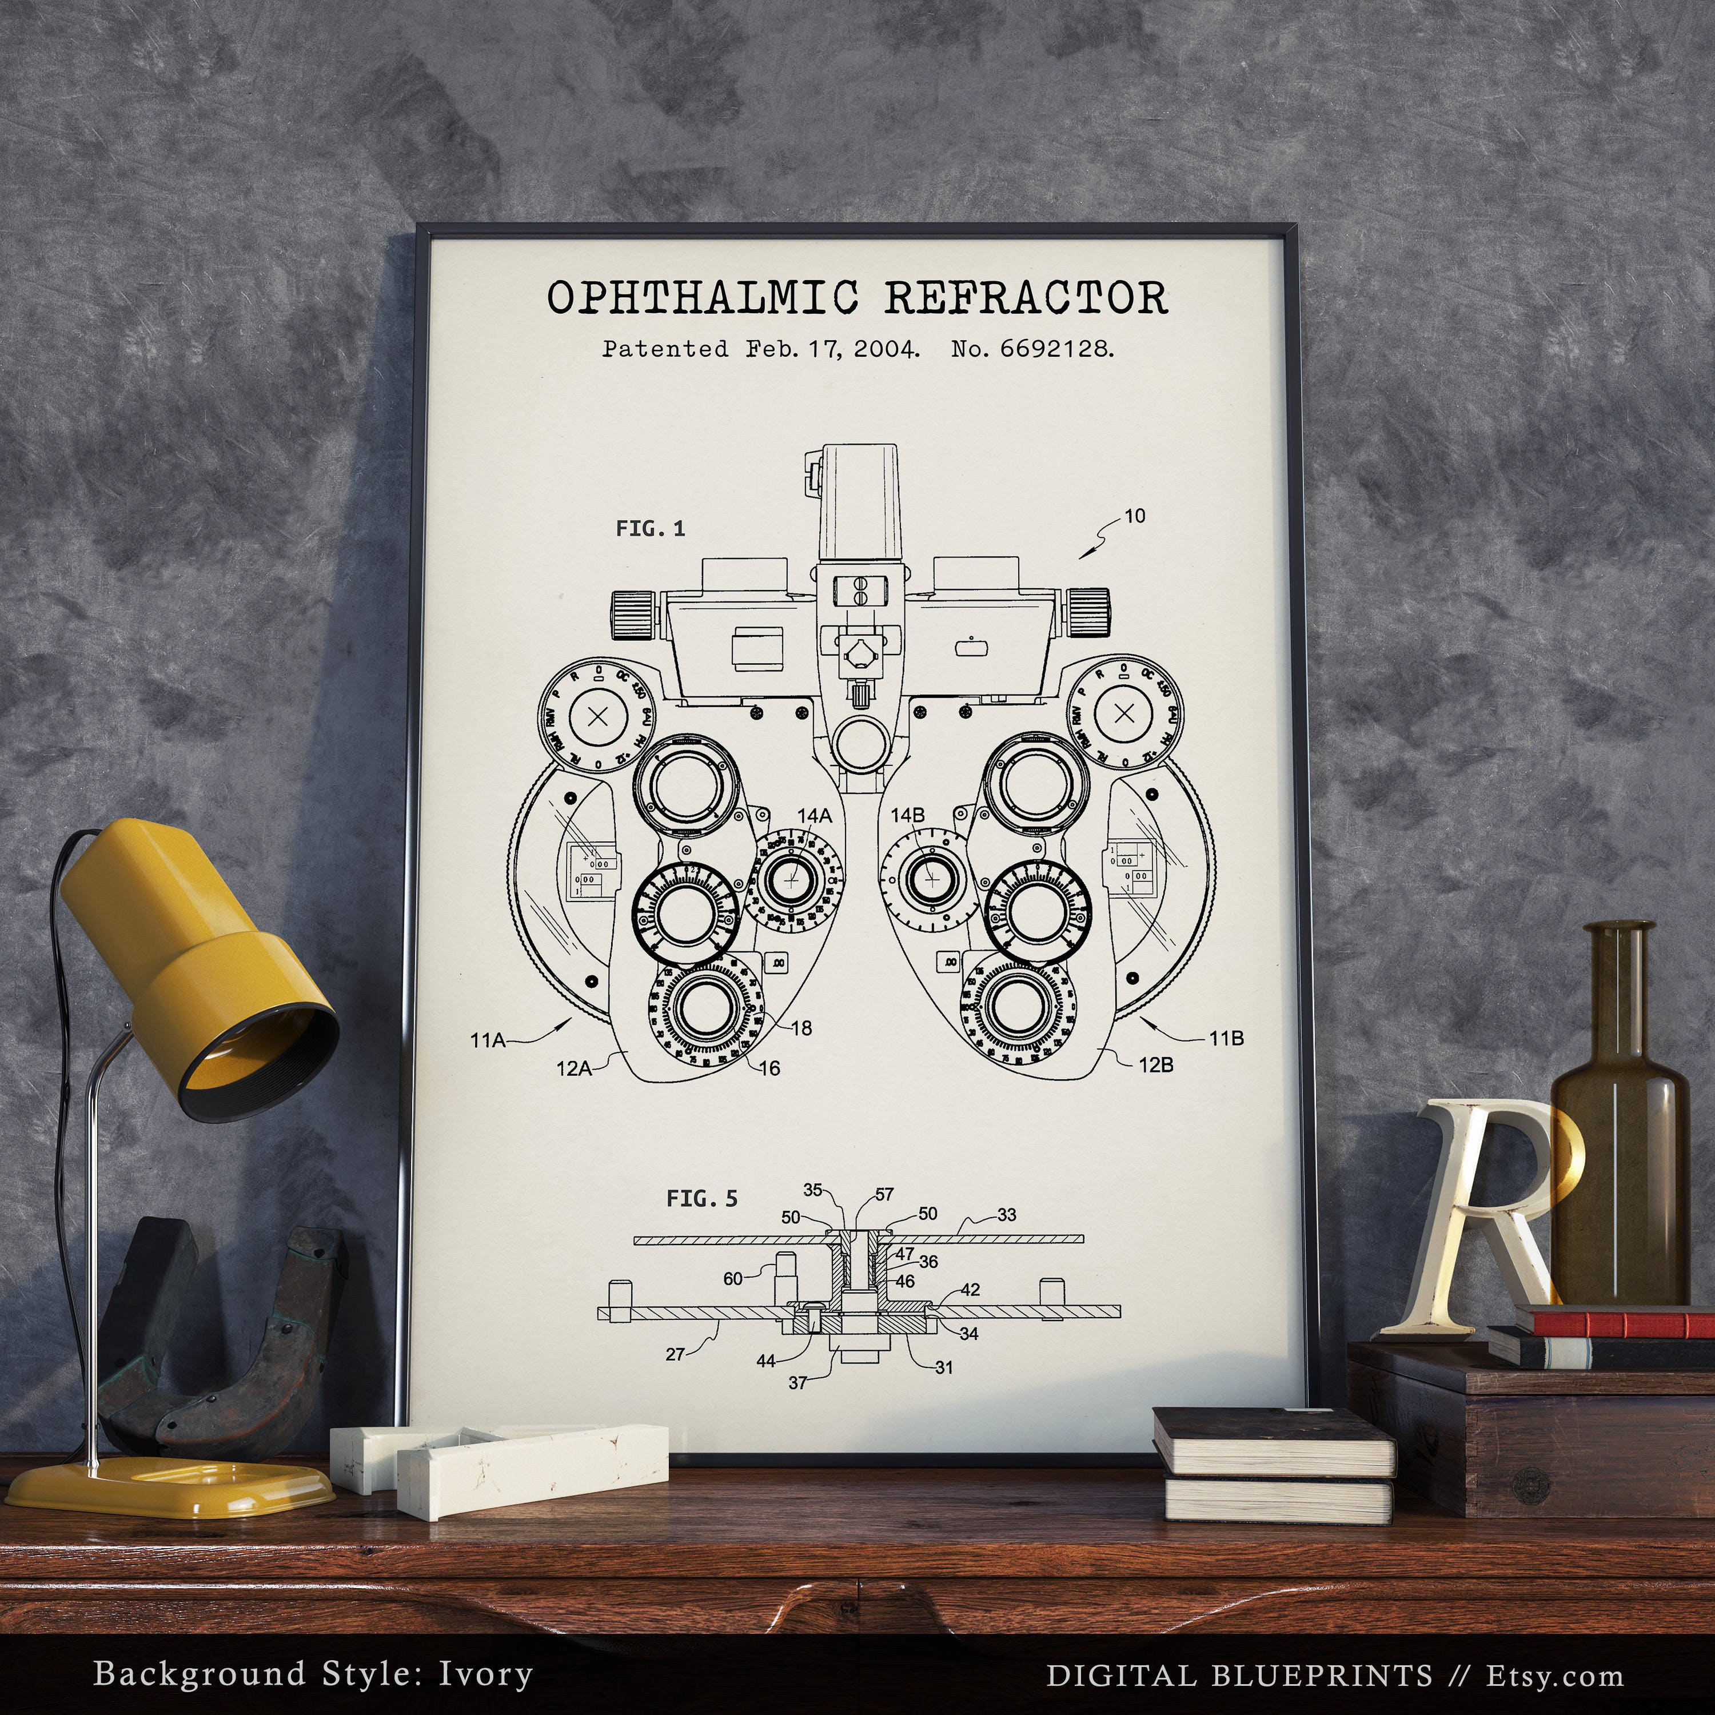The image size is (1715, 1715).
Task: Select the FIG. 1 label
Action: click(x=651, y=529)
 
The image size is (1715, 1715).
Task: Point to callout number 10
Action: click(x=1134, y=516)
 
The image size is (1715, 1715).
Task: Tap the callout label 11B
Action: click(x=1226, y=1039)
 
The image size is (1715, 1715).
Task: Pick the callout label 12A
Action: click(x=573, y=1069)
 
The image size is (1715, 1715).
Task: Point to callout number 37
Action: click(x=797, y=1382)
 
